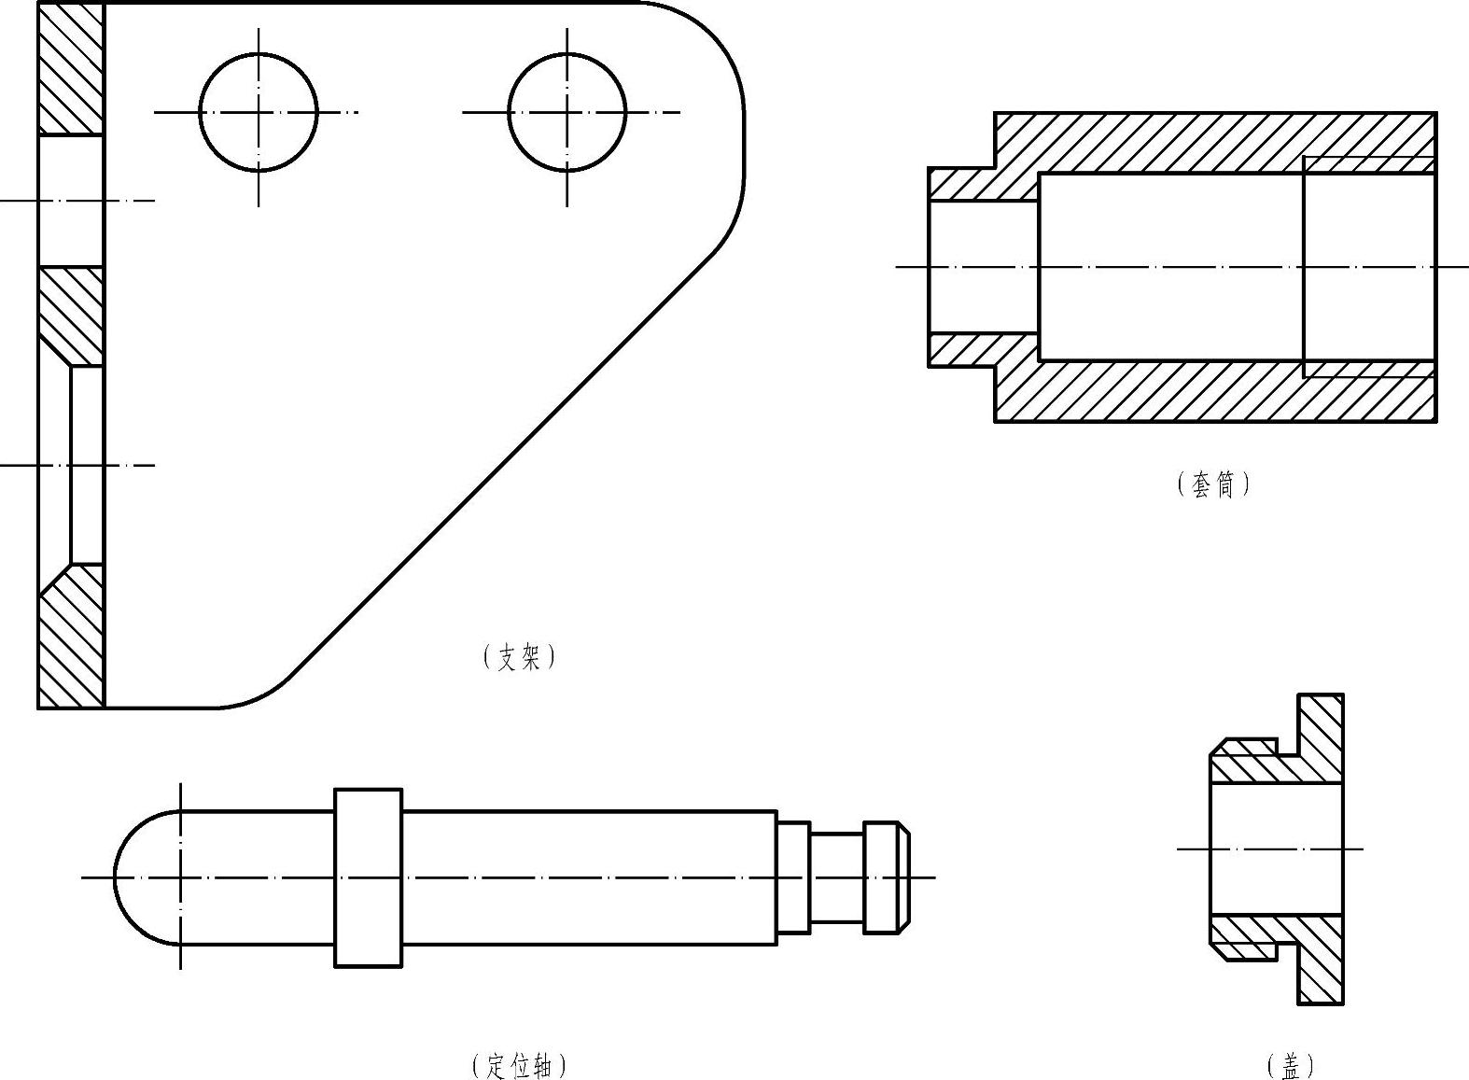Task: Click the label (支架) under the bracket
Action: [x=519, y=656]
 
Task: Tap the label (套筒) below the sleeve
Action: [x=1213, y=484]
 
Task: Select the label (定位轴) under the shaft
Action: [x=519, y=1066]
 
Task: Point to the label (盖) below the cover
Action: [x=1290, y=1066]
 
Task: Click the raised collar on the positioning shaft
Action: [x=368, y=877]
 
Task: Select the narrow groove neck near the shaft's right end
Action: [x=837, y=877]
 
